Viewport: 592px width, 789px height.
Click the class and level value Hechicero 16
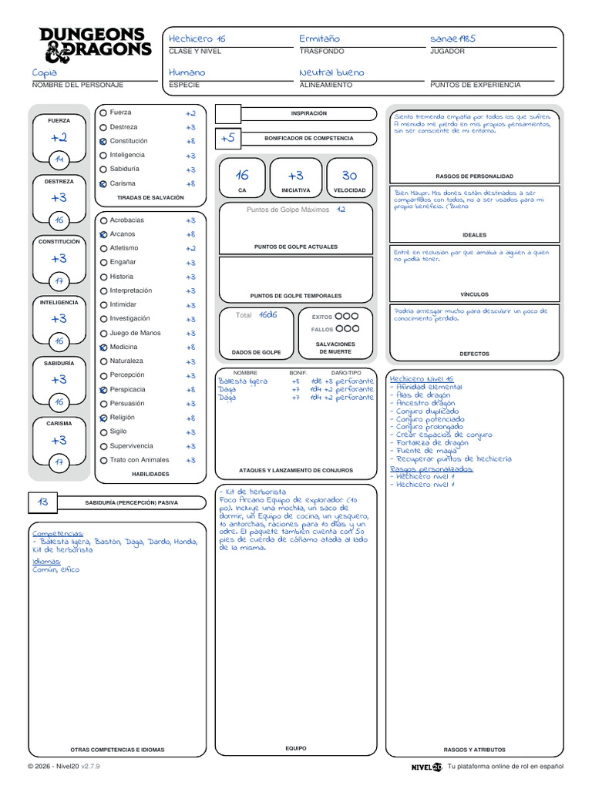coord(197,39)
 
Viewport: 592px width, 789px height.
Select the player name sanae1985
coord(453,39)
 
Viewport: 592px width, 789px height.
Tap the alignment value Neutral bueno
coord(331,72)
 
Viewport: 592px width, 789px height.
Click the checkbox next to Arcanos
coord(103,234)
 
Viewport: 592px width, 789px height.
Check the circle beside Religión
coord(103,418)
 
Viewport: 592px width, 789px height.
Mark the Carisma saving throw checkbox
coord(103,184)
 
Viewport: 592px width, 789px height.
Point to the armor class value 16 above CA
coord(242,176)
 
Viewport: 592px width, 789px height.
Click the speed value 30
coord(349,176)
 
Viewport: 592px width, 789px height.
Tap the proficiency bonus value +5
coord(227,138)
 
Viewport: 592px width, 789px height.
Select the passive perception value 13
coord(43,502)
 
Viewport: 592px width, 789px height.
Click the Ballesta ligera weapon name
coord(243,381)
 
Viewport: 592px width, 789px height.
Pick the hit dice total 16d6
coord(268,315)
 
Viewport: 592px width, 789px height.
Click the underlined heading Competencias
coord(57,533)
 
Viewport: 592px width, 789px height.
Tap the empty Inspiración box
coord(227,114)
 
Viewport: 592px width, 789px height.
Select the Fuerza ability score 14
coord(59,159)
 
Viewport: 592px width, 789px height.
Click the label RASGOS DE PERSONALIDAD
coord(474,176)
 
